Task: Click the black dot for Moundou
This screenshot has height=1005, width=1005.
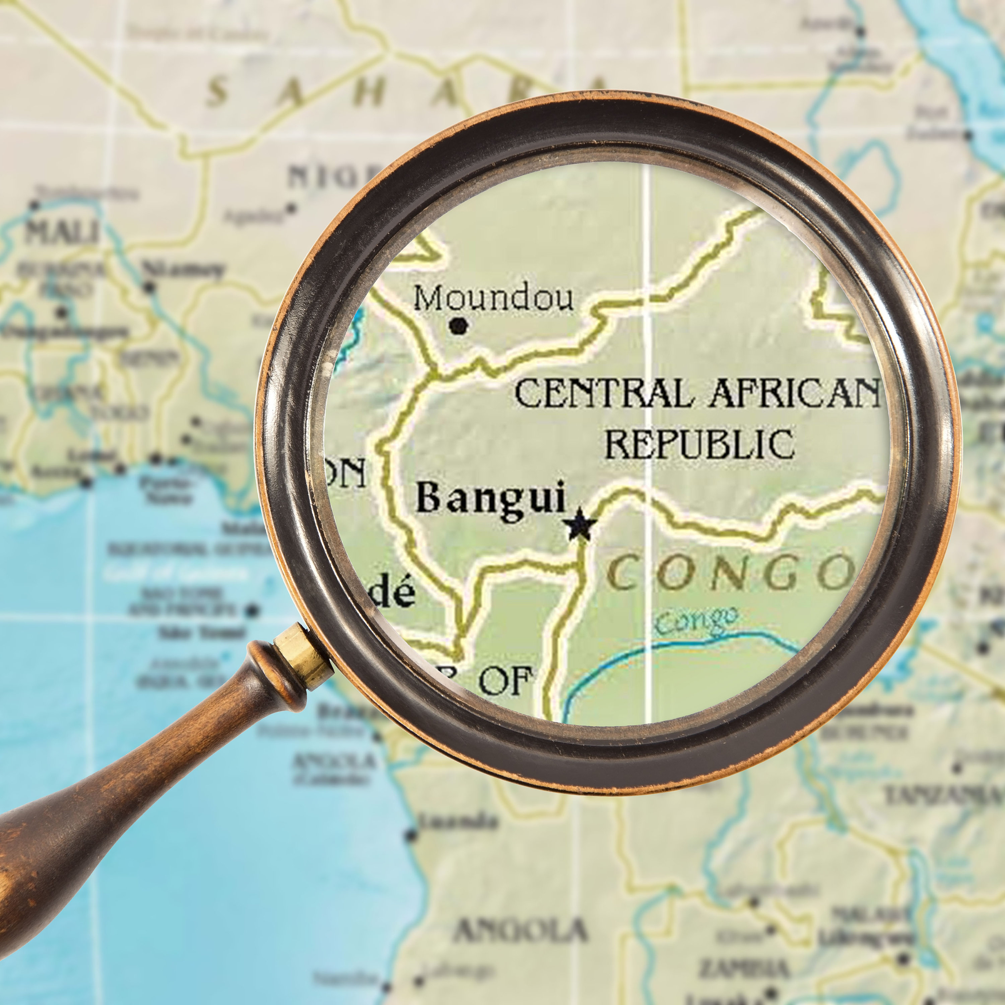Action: point(458,326)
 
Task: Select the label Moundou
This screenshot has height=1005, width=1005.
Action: point(493,298)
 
